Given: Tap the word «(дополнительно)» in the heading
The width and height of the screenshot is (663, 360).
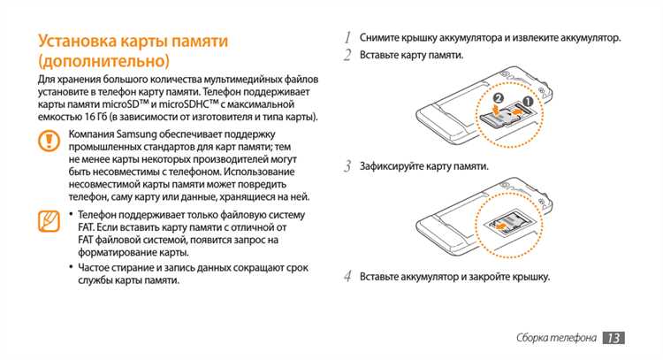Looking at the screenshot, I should pyautogui.click(x=103, y=61).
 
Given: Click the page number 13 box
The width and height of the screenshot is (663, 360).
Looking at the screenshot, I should pyautogui.click(x=613, y=338).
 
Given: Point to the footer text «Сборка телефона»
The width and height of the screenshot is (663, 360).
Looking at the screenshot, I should pyautogui.click(x=555, y=339).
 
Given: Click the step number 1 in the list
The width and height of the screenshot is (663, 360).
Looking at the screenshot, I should pyautogui.click(x=349, y=38).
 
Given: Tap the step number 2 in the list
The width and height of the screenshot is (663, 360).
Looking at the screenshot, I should pyautogui.click(x=349, y=56).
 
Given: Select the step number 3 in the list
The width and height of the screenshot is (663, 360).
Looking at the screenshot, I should pyautogui.click(x=349, y=165).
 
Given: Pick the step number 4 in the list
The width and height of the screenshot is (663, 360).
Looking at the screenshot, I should pyautogui.click(x=349, y=277).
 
